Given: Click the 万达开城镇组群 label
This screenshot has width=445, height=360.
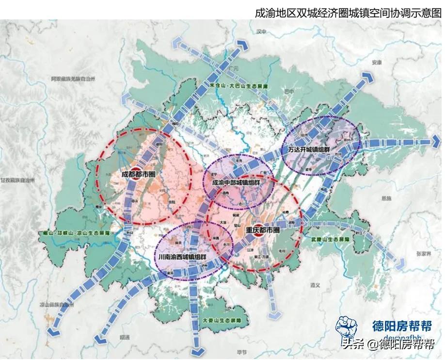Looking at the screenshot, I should [x=309, y=149].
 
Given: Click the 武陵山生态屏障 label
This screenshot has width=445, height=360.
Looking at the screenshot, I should [x=331, y=240].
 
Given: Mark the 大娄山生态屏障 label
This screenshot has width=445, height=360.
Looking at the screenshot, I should [x=222, y=321].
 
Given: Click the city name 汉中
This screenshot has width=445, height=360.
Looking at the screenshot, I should [x=262, y=32].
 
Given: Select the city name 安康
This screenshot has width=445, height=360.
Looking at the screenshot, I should [x=377, y=63].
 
